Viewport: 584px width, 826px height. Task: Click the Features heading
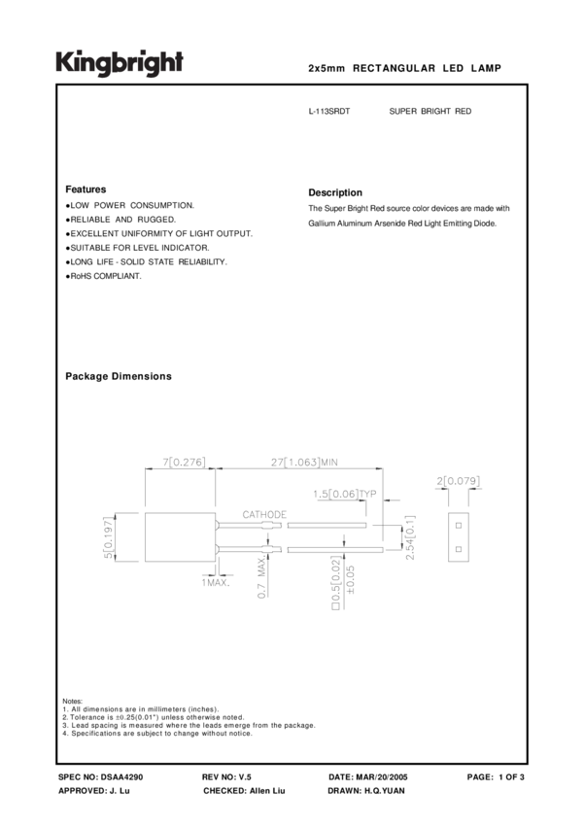(x=86, y=189)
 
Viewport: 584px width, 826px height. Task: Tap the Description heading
(x=334, y=192)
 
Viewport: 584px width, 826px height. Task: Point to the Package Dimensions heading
(x=118, y=376)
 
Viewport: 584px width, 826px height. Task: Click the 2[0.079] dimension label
(x=459, y=480)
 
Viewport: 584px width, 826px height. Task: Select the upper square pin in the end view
(x=457, y=525)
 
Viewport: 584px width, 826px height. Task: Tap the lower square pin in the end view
(x=457, y=550)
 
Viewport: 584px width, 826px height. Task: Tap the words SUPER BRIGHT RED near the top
(x=429, y=112)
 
